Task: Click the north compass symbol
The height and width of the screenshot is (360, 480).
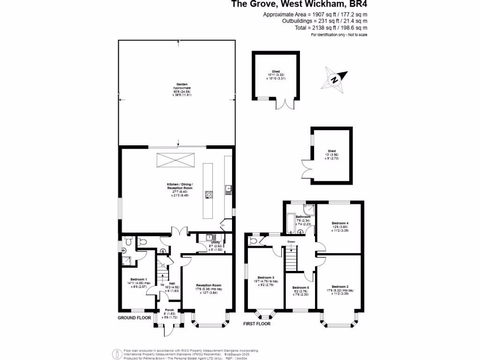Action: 335,78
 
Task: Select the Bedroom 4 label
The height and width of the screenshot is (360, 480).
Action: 340,223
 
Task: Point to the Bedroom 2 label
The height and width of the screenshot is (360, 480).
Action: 340,286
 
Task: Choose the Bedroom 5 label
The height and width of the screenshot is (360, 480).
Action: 300,287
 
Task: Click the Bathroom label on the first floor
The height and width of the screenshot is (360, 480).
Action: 296,217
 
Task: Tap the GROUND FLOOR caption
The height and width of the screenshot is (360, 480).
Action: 134,317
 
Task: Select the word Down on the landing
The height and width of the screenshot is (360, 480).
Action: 291,242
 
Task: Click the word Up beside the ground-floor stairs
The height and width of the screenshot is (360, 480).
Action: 163,285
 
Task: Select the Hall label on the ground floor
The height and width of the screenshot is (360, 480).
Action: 172,283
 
